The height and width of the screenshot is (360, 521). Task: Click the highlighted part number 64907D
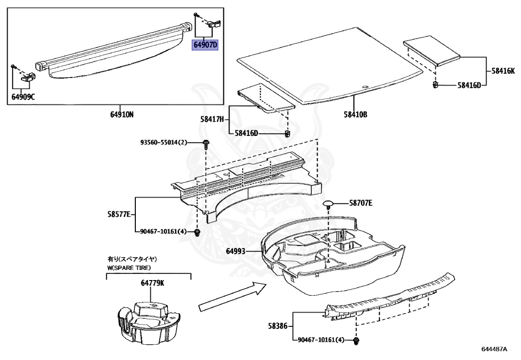tap(205, 45)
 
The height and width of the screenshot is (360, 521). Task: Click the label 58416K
tap(503, 72)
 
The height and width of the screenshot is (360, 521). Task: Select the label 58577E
tap(121, 214)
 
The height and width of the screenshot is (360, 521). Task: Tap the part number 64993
tap(236, 251)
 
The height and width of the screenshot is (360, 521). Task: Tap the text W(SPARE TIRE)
tap(129, 267)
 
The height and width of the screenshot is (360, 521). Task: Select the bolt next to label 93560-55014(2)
tap(207, 144)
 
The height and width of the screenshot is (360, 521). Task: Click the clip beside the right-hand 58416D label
tap(436, 85)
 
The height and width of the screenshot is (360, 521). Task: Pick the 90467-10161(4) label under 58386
tap(320, 340)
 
